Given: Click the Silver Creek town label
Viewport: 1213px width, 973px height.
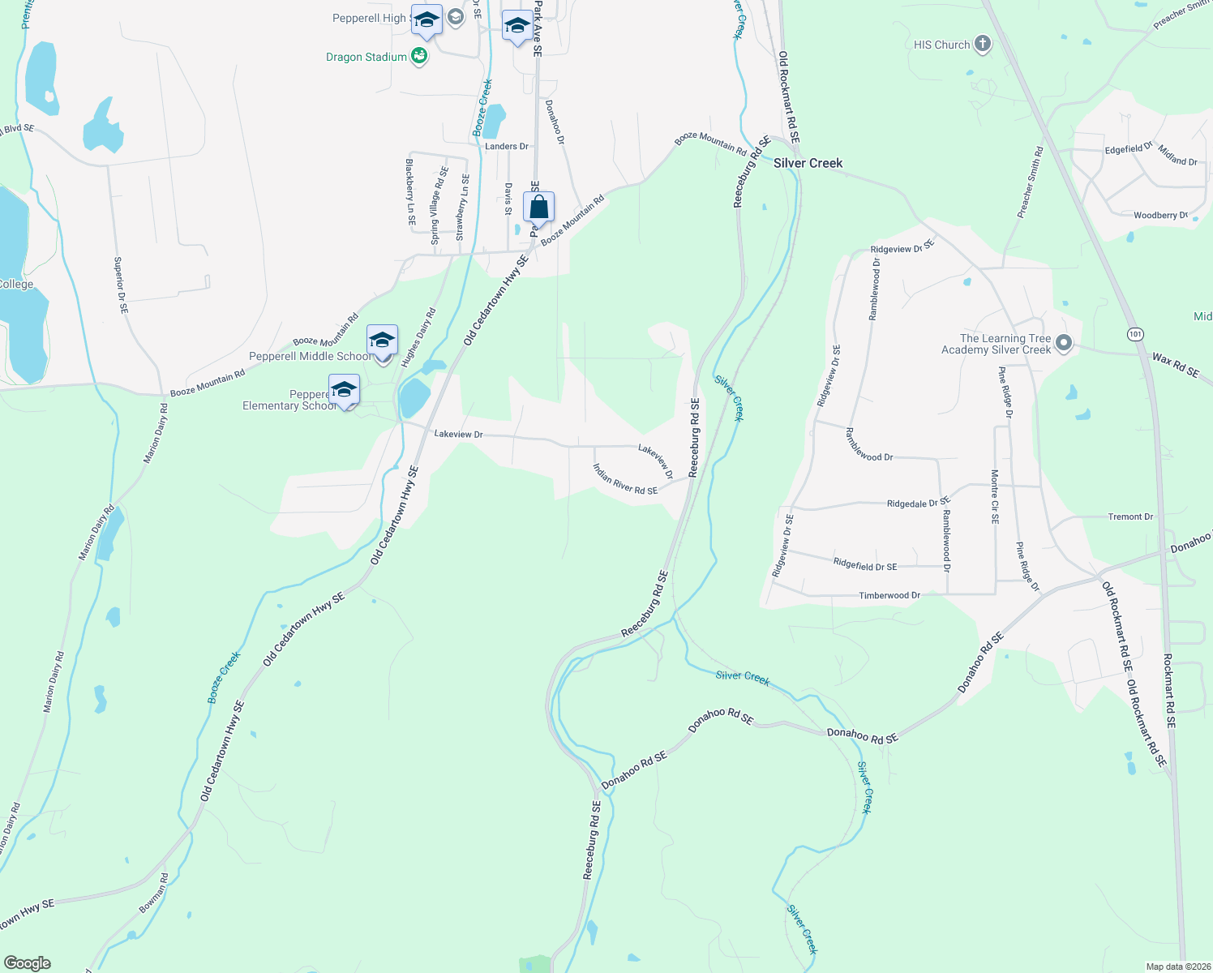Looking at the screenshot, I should (808, 163).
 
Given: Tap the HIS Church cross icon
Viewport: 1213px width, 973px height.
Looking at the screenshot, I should (983, 44).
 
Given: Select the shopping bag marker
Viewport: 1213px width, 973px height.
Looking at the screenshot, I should (539, 208).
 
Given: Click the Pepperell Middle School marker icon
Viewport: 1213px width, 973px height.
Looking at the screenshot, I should (382, 341).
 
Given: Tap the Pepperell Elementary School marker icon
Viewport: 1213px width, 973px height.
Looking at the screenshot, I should (344, 390).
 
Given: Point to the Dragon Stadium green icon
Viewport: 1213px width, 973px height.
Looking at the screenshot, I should (419, 56).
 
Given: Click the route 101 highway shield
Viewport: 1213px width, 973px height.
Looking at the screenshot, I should (1134, 334).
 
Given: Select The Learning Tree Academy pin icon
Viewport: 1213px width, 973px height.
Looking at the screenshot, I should (1065, 344).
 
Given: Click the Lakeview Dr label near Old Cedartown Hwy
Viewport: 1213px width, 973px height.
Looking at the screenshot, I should (458, 435).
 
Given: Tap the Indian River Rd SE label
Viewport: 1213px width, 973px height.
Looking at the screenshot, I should (624, 479).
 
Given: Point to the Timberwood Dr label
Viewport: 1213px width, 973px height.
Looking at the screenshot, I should (889, 595).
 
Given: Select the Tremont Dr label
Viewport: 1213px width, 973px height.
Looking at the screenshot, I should (1130, 517).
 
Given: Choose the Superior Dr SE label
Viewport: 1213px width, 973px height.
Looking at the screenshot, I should (120, 285).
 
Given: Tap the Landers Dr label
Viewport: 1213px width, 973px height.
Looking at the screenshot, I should (506, 147).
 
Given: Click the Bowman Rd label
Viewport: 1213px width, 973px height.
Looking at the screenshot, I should (153, 893).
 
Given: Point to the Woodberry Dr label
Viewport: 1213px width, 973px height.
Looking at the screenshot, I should (1160, 215).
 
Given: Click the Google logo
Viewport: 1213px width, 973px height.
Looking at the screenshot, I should (28, 963).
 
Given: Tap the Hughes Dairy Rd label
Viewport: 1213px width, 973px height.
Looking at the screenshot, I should (418, 338).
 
